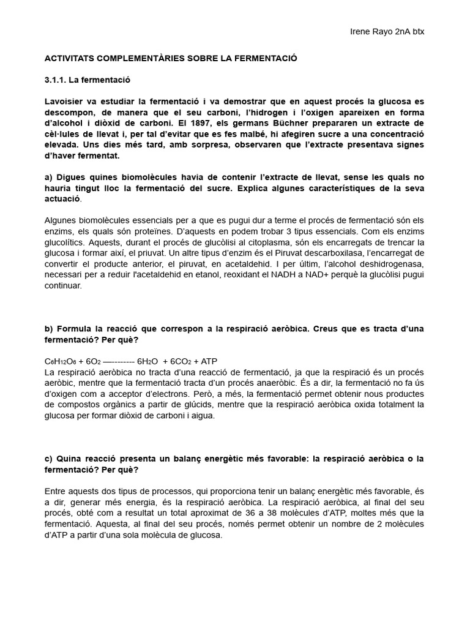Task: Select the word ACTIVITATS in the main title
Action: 69,59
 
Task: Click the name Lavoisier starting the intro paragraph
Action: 65,102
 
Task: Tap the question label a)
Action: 49,178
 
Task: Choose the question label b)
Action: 49,329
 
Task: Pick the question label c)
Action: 49,459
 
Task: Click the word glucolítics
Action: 65,242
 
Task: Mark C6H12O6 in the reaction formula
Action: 61,361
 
